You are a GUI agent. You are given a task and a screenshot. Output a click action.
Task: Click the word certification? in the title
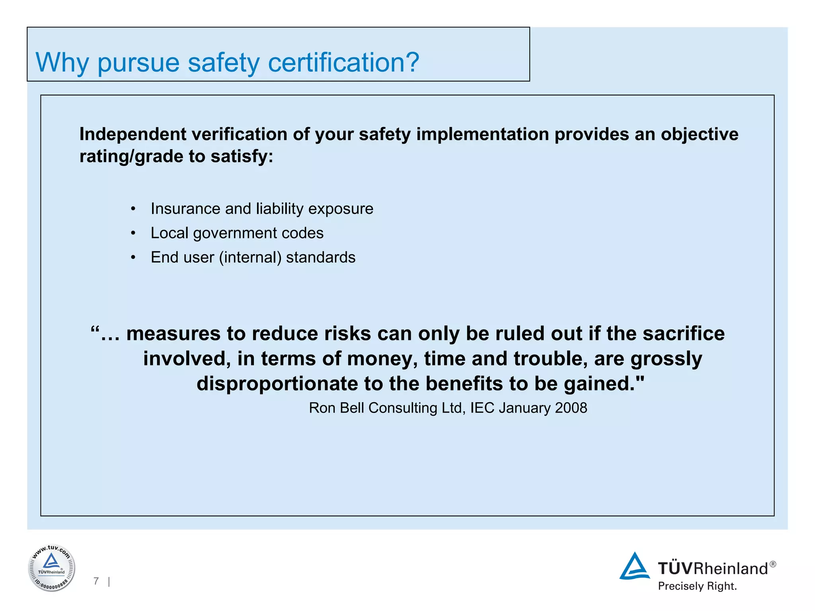[x=343, y=62]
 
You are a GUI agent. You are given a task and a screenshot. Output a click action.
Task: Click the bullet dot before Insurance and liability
[x=133, y=209]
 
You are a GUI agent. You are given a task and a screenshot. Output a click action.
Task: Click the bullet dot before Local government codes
[x=133, y=234]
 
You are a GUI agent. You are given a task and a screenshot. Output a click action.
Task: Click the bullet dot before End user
[x=133, y=258]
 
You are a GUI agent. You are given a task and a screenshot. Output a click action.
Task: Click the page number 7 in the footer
[x=96, y=581]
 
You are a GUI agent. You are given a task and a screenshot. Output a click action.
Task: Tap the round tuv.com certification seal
[x=52, y=568]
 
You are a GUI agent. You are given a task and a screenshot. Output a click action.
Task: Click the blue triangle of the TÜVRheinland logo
[x=634, y=566]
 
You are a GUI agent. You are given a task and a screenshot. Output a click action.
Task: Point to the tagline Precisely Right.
[x=697, y=586]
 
